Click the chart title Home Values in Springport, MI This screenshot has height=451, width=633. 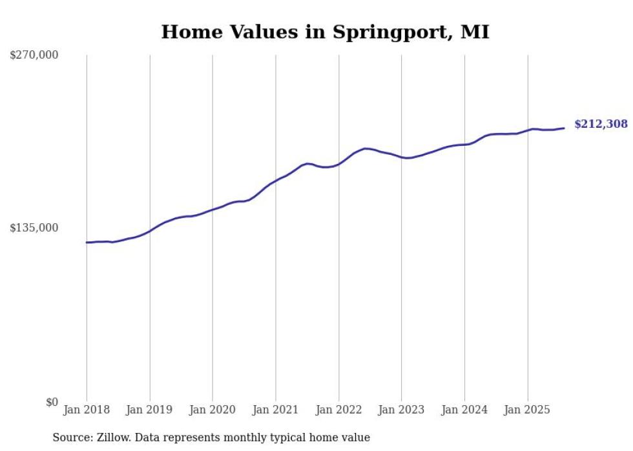pyautogui.click(x=325, y=32)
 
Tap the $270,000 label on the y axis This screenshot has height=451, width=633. pyautogui.click(x=34, y=55)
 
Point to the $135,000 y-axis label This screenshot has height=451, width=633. pyautogui.click(x=34, y=228)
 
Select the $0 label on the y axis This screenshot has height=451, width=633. pyautogui.click(x=52, y=402)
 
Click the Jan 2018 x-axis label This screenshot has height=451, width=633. pyautogui.click(x=87, y=410)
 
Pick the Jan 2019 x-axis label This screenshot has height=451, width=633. pyautogui.click(x=150, y=410)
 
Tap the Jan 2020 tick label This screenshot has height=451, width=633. pyautogui.click(x=213, y=410)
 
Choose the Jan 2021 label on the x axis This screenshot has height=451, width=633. pyautogui.click(x=276, y=410)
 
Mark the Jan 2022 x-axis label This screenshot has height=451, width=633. pyautogui.click(x=338, y=410)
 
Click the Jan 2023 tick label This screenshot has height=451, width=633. pyautogui.click(x=402, y=410)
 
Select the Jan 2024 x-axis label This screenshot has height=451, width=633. pyautogui.click(x=464, y=410)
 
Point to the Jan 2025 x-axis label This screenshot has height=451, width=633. pyautogui.click(x=528, y=410)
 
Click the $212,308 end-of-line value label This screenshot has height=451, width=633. pyautogui.click(x=601, y=124)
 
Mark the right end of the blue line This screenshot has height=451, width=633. pyautogui.click(x=564, y=128)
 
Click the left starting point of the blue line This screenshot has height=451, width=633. pyautogui.click(x=87, y=243)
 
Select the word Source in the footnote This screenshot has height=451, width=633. pyautogui.click(x=71, y=437)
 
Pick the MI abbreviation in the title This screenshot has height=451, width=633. pyautogui.click(x=475, y=32)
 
